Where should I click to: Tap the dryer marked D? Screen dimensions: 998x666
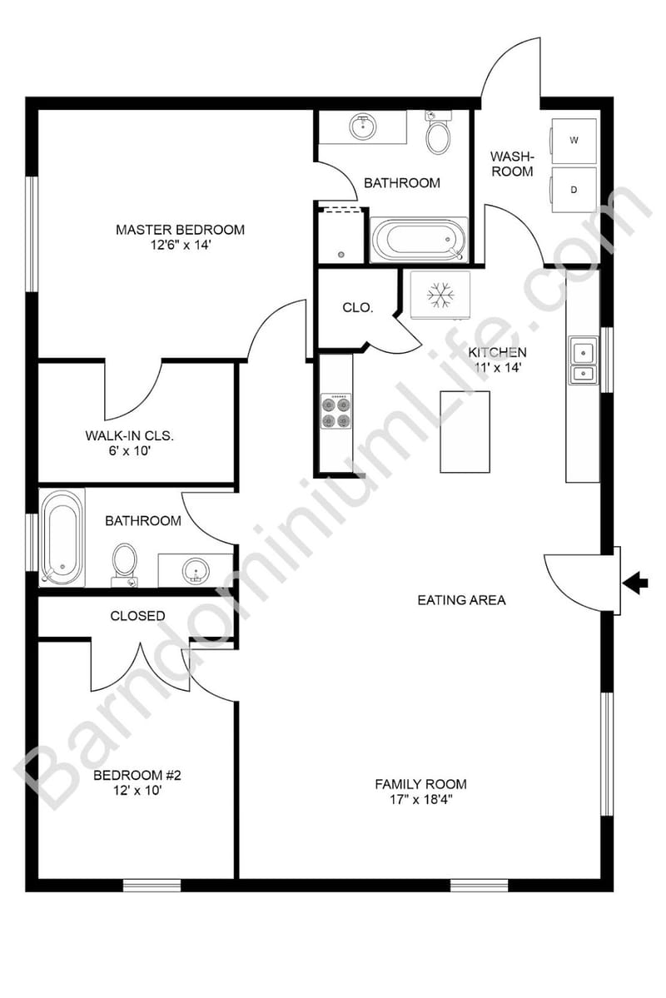tap(574, 190)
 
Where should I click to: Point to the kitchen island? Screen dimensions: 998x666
tap(465, 431)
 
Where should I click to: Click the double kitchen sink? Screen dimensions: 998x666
tap(583, 361)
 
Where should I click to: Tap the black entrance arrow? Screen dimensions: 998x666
tap(636, 583)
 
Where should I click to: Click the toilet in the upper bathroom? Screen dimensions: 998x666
tap(438, 134)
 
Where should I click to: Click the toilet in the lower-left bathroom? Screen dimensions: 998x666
tap(125, 562)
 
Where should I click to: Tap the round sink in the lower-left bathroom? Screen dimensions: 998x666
tap(196, 570)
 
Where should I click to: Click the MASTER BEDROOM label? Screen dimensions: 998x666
tap(180, 230)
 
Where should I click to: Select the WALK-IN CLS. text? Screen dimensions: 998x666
tap(134, 435)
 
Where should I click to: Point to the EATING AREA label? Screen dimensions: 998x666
tap(461, 599)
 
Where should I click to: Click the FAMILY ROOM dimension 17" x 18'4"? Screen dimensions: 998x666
tap(420, 799)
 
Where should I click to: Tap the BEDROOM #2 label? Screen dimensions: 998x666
tap(137, 776)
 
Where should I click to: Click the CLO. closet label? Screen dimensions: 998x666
tap(358, 307)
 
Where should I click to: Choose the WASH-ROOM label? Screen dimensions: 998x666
tap(511, 163)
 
